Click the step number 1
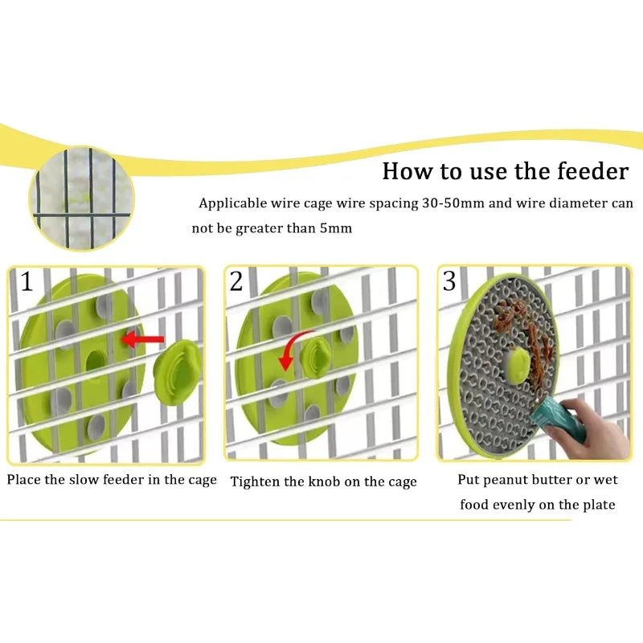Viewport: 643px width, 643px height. tap(27, 282)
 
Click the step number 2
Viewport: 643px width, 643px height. tap(236, 281)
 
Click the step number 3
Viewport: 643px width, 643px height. tap(449, 281)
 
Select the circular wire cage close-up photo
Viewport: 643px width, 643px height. tap(82, 196)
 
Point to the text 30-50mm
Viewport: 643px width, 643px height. tap(453, 203)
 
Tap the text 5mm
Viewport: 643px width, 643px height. tap(336, 228)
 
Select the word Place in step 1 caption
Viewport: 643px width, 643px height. tap(24, 480)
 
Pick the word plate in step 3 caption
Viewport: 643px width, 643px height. tap(599, 505)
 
